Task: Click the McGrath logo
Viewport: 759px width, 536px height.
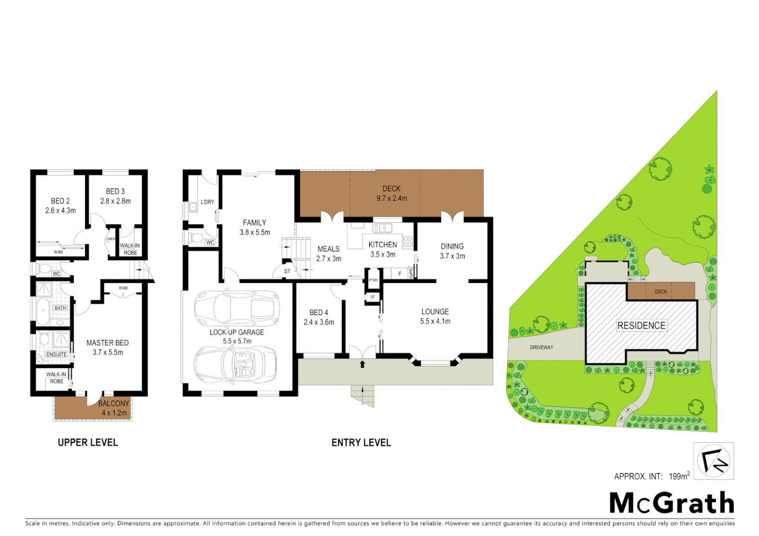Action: point(672,503)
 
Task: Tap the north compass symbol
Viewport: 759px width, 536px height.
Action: point(714,461)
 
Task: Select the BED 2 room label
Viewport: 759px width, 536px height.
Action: point(60,201)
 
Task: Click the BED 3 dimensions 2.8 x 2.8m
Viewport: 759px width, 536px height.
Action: point(115,201)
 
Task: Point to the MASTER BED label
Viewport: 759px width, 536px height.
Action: point(107,343)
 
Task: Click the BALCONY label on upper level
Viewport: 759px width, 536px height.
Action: point(114,403)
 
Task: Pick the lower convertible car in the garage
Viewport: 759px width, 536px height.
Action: point(235,364)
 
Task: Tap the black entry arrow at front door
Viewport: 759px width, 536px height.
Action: point(362,364)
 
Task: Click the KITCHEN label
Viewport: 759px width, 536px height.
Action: point(382,245)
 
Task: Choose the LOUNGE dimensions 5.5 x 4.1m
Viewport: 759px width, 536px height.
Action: point(435,321)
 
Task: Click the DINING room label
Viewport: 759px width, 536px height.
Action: point(452,246)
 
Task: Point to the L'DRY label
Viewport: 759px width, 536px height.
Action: point(208,202)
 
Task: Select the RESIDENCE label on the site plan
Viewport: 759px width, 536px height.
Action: point(641,326)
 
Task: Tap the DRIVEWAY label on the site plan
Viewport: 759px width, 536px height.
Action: point(541,347)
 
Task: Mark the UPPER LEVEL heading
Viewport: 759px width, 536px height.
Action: point(88,442)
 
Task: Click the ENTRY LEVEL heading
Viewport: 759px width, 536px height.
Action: point(361,442)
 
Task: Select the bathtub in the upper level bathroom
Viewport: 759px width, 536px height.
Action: point(44,311)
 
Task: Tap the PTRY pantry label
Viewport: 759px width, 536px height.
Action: point(374,280)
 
